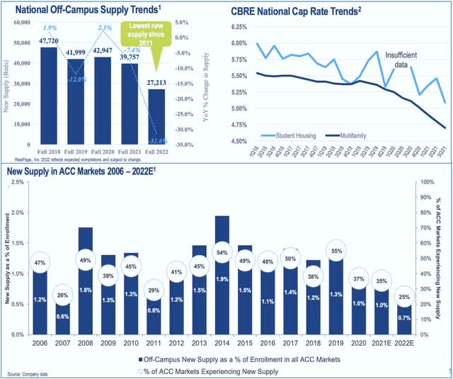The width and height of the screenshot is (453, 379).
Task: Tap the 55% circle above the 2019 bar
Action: (x=336, y=251)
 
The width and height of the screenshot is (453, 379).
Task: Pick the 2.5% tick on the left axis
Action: (x=20, y=182)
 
